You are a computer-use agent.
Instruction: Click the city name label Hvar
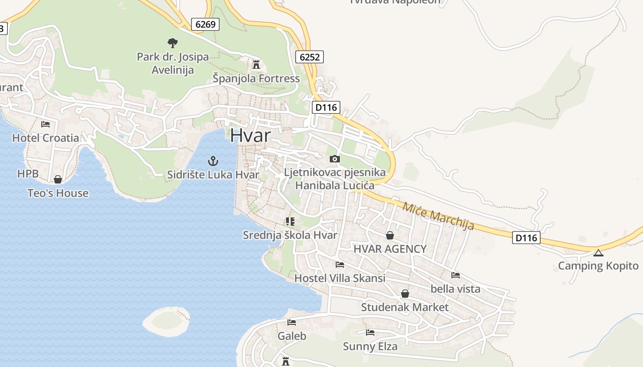(x=250, y=135)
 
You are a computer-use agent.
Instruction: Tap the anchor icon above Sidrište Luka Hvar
(x=213, y=161)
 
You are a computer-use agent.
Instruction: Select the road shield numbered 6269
(x=205, y=24)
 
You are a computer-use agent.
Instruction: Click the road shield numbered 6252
(x=310, y=57)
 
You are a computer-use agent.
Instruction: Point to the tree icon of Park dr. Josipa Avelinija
(x=172, y=43)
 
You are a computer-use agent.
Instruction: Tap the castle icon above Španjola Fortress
(x=256, y=64)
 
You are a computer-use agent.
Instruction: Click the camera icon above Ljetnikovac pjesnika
(x=335, y=159)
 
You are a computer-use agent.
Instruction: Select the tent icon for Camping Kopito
(x=598, y=253)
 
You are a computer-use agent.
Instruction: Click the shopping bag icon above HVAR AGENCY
(x=389, y=235)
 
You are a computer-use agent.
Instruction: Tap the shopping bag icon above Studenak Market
(x=405, y=294)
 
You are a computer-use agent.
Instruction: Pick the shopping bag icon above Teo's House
(x=57, y=179)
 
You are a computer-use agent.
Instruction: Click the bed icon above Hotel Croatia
(x=45, y=124)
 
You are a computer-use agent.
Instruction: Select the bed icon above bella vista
(x=455, y=275)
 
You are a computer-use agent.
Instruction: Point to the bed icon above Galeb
(x=291, y=323)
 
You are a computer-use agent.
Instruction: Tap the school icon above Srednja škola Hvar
(x=290, y=222)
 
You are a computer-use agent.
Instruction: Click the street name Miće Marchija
(x=438, y=215)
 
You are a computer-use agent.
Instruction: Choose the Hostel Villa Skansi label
(x=339, y=278)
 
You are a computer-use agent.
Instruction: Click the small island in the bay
(x=166, y=321)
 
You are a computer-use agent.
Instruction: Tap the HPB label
(x=28, y=174)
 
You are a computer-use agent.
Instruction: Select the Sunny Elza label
(x=370, y=346)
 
